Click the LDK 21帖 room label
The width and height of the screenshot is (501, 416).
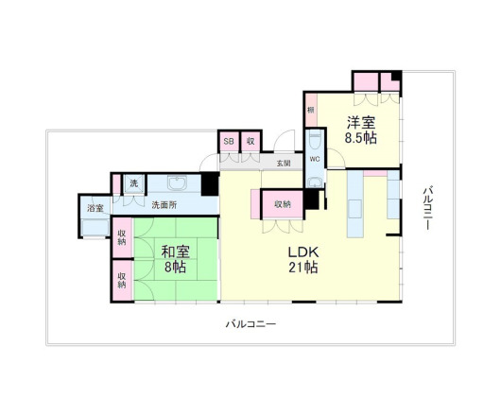[302, 260]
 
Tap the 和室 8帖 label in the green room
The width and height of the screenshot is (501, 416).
[172, 260]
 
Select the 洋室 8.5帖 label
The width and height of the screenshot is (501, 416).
[360, 130]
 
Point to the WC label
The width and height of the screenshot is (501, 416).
[315, 159]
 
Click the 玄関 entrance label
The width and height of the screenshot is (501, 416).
[284, 163]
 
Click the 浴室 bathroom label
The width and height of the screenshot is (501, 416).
[95, 209]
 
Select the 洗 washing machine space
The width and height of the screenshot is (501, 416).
[133, 182]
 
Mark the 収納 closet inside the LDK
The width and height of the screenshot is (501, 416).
[283, 204]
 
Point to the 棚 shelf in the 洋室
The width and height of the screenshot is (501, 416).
[310, 111]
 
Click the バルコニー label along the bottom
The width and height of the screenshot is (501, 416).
[250, 324]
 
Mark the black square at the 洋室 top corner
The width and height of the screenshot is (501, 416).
[397, 77]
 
